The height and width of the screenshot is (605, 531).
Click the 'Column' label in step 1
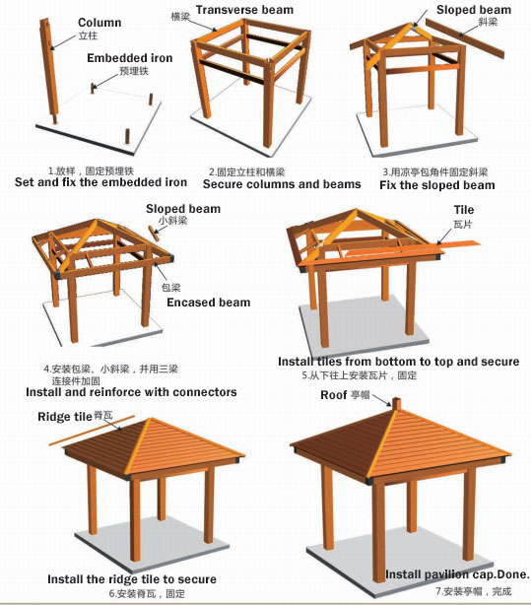coord(100,23)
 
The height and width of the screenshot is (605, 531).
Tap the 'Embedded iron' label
coord(130,58)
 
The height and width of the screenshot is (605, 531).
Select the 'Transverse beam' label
coord(244,10)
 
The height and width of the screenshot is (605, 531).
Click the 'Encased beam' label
coord(209,302)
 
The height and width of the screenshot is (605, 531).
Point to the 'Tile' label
coord(464,210)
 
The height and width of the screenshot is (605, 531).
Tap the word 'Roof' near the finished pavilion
coord(334,395)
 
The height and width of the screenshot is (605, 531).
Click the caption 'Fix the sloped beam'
coord(436,185)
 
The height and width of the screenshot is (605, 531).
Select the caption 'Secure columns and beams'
coord(282,184)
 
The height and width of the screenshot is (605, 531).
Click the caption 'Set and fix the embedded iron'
coord(100,182)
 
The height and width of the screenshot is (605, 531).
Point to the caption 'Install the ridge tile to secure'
coord(132,579)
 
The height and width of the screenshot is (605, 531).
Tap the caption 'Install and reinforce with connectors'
coord(131,392)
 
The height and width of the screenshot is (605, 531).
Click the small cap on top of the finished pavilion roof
coord(396,404)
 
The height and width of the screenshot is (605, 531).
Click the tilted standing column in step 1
coord(49,70)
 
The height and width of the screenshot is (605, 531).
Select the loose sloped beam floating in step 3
coord(465,37)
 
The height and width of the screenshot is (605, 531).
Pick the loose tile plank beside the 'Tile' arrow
coord(458,245)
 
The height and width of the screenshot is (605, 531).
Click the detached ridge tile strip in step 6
coord(92,431)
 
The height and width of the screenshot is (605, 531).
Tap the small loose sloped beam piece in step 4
coord(154,234)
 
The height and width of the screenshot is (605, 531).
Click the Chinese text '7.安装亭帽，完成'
coord(474,591)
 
